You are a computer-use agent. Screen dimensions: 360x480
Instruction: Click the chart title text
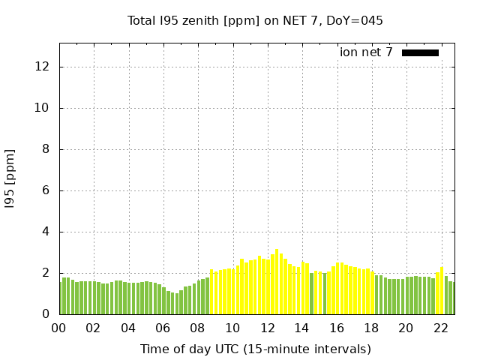click(255, 20)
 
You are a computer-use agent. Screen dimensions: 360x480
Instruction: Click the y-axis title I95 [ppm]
click(10, 179)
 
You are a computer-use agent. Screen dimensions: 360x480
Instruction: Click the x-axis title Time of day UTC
click(255, 349)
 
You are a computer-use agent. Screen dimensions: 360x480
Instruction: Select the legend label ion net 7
click(366, 52)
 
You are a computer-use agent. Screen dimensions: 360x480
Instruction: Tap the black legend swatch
click(420, 52)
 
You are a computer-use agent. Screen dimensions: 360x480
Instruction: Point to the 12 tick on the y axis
click(42, 67)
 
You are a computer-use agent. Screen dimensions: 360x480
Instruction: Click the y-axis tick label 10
click(42, 108)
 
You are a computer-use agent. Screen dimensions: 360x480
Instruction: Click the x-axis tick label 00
click(58, 328)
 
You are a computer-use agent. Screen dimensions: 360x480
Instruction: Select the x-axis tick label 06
click(163, 328)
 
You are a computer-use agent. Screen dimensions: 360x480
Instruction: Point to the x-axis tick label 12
click(267, 328)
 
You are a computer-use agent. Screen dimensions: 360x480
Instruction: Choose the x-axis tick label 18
click(371, 328)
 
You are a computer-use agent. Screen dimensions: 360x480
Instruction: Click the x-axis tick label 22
click(441, 328)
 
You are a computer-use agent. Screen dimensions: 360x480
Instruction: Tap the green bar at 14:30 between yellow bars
click(311, 293)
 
